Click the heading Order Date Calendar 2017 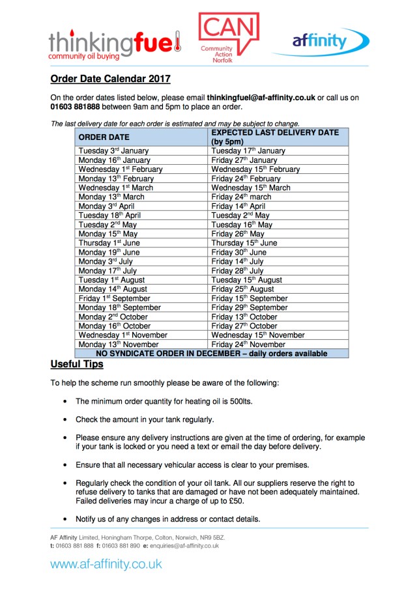tap(111, 79)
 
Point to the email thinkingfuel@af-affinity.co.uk tap(261, 98)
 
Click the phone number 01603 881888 tap(75, 107)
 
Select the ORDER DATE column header tap(104, 137)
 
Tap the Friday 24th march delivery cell tap(241, 197)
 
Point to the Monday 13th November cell tap(119, 344)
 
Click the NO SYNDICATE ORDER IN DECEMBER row tap(211, 354)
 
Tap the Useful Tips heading tap(77, 365)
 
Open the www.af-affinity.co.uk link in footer tap(106, 565)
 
